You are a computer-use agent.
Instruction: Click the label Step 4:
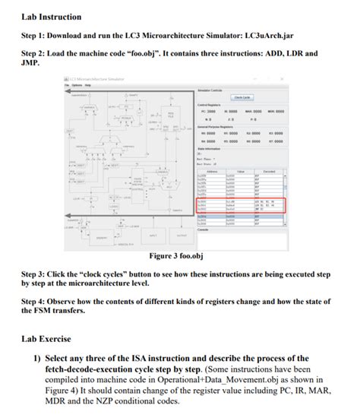[35, 301]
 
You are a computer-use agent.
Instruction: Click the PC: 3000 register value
[209, 112]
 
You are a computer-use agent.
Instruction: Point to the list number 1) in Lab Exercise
[36, 358]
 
